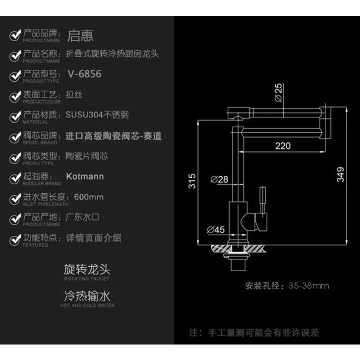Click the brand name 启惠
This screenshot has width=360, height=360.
(80, 36)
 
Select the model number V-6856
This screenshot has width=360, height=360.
(84, 74)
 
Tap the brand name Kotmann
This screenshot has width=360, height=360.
(85, 176)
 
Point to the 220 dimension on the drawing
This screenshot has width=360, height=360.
(283, 145)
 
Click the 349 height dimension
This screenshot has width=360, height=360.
(340, 175)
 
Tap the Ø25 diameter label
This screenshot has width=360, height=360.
(279, 92)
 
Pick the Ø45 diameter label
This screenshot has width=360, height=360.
(217, 230)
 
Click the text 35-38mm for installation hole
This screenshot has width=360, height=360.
(309, 286)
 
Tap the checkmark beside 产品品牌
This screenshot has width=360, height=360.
(15, 36)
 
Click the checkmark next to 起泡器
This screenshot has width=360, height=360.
(15, 178)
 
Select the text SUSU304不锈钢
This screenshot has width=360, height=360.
(97, 115)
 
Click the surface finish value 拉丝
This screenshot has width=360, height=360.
(74, 95)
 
